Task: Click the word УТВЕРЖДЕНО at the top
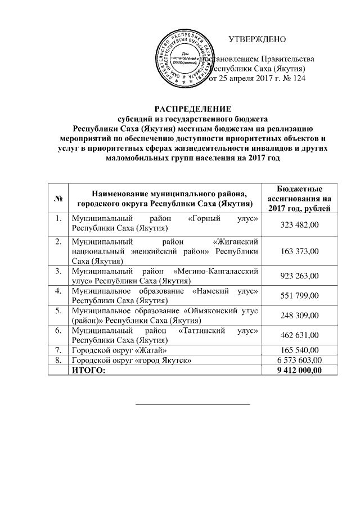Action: pos(257,39)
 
